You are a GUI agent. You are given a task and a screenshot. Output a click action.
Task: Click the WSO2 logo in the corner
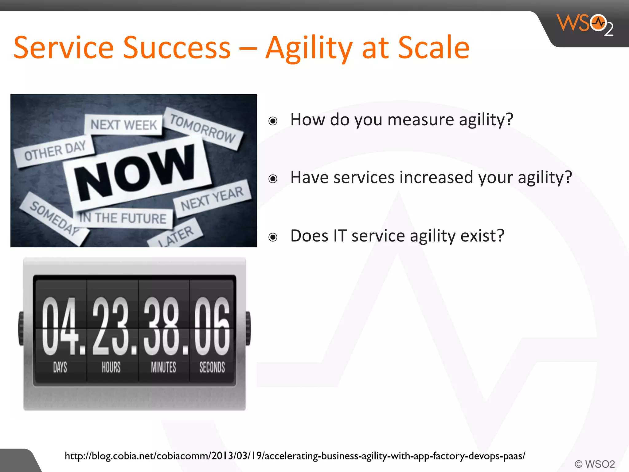tap(585, 25)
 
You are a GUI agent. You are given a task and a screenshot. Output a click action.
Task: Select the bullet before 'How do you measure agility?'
tap(273, 121)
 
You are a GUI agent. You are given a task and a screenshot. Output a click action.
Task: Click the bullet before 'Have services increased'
tap(273, 179)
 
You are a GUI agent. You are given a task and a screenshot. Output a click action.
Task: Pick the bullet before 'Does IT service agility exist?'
tap(273, 237)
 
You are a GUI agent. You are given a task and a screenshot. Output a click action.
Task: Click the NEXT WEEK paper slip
tap(123, 125)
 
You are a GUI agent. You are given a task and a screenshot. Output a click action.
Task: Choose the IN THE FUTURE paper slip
tap(123, 218)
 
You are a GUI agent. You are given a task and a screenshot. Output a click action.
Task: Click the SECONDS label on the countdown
tap(212, 367)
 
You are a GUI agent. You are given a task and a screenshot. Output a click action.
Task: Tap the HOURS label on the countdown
tap(111, 367)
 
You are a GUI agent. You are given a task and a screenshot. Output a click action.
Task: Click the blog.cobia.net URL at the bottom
tap(295, 456)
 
